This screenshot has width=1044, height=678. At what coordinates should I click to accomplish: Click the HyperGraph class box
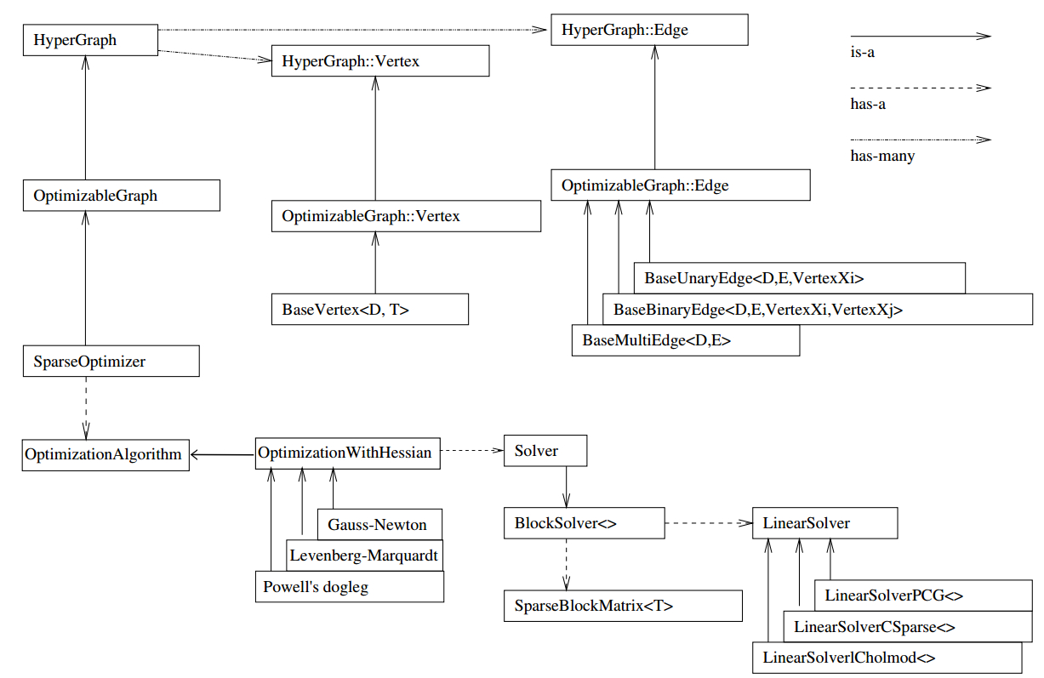click(x=90, y=40)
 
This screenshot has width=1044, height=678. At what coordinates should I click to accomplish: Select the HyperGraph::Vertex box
click(x=380, y=61)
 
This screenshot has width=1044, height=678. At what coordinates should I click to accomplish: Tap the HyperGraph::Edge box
click(x=649, y=30)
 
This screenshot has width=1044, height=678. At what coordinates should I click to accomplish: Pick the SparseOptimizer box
click(x=111, y=362)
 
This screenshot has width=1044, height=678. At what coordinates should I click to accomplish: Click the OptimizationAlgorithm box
click(x=106, y=455)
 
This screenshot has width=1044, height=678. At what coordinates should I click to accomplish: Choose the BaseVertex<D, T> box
click(x=370, y=310)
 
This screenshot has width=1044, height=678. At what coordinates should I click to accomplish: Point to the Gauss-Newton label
click(x=377, y=525)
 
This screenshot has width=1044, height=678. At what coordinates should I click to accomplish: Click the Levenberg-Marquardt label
click(x=363, y=556)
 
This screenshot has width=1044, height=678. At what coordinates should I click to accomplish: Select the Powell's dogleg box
click(x=350, y=587)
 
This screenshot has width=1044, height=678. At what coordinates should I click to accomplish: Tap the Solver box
click(x=545, y=451)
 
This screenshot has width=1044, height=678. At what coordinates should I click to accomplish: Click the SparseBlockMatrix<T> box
click(x=623, y=606)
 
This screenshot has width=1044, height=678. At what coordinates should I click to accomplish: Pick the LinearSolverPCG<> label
click(x=893, y=595)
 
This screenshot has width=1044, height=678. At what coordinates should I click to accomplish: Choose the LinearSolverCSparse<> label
click(x=875, y=627)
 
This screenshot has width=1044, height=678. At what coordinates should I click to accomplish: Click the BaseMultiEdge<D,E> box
click(x=686, y=340)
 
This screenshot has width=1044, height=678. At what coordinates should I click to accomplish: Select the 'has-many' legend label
click(x=882, y=157)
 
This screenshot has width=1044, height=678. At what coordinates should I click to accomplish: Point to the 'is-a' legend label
click(x=862, y=52)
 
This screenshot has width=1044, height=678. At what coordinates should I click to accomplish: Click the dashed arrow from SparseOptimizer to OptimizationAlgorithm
click(x=86, y=408)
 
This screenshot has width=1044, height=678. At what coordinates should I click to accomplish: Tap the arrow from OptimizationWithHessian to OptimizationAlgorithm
click(x=223, y=455)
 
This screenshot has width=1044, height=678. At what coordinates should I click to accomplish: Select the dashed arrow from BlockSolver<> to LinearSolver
click(x=709, y=523)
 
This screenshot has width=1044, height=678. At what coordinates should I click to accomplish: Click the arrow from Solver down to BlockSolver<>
click(x=567, y=487)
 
